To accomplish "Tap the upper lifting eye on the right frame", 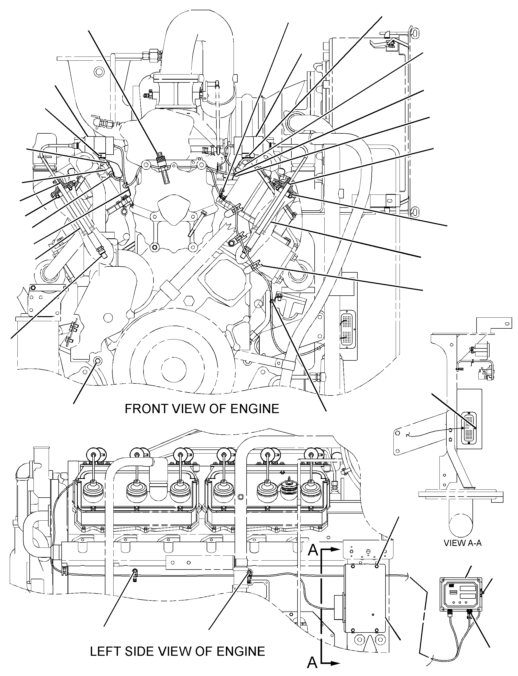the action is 415,32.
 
